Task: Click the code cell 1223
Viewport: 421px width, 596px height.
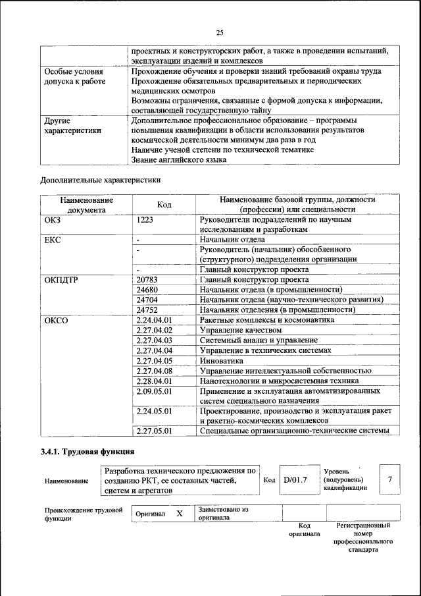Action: (145, 219)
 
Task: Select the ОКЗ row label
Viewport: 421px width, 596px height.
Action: (53, 219)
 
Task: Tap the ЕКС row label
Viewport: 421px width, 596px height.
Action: (53, 240)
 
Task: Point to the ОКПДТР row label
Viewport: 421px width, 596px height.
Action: (61, 280)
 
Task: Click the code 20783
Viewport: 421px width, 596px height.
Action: (147, 280)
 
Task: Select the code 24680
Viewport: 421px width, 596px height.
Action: (147, 290)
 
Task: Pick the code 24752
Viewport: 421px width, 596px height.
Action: (147, 310)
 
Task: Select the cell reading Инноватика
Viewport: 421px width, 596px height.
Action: (221, 360)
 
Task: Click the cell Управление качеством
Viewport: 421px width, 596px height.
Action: (240, 330)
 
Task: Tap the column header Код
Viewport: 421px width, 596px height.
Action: (164, 205)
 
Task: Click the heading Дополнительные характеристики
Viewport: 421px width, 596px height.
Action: (100, 179)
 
